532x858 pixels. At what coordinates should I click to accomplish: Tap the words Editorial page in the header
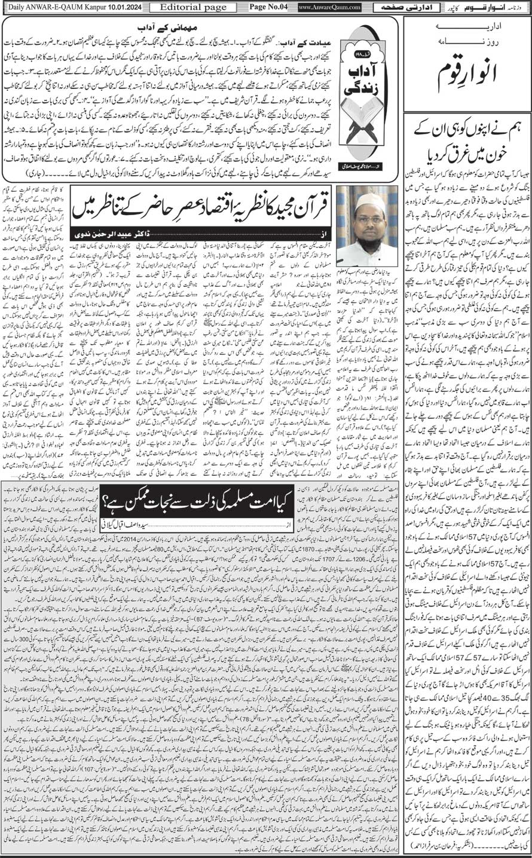[193, 8]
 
